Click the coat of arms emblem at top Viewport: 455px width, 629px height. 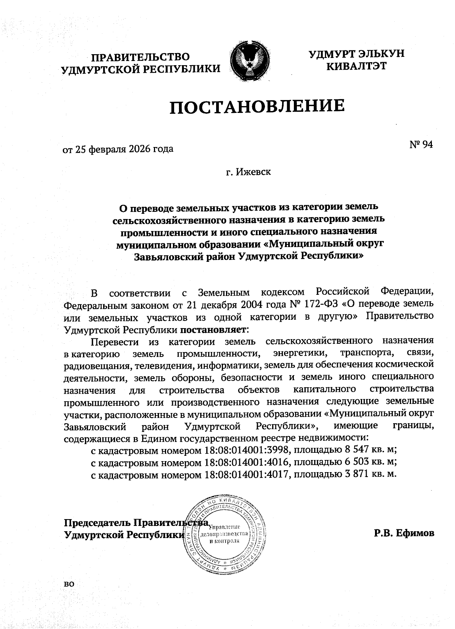[250, 62]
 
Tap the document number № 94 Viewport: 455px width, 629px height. [421, 145]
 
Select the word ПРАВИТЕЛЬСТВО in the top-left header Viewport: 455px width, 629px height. [141, 57]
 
